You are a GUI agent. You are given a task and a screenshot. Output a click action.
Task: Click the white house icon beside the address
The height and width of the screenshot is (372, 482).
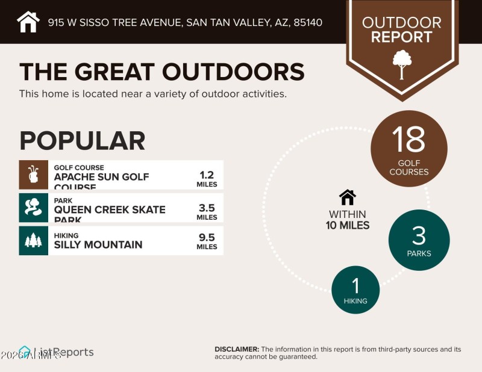click(x=28, y=22)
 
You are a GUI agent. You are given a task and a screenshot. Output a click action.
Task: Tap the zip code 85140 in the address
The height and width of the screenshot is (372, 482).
click(x=307, y=23)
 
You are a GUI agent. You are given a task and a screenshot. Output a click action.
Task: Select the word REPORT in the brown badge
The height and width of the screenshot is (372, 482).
click(x=401, y=37)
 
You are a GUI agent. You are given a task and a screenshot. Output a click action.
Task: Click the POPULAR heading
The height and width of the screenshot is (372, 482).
click(x=82, y=140)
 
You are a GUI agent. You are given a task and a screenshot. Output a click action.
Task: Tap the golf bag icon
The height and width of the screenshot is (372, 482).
click(x=33, y=175)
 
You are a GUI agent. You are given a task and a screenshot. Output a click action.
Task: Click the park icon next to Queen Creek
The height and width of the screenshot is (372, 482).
click(x=33, y=208)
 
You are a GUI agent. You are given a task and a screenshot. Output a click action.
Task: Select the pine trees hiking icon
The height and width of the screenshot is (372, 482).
click(x=33, y=240)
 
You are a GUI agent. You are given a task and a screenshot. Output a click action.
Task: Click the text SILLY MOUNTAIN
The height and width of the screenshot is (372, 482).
click(x=98, y=244)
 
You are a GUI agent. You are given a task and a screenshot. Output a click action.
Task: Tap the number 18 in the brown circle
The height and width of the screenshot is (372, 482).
click(x=408, y=139)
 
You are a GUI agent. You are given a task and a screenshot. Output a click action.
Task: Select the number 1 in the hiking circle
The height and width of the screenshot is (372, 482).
click(x=355, y=285)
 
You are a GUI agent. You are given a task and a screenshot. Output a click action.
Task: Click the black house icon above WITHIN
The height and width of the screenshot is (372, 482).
click(x=348, y=197)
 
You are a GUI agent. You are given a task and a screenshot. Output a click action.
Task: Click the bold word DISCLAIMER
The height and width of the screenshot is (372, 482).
click(x=237, y=349)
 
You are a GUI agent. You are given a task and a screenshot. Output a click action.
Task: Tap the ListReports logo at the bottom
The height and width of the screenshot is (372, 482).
click(x=57, y=352)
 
